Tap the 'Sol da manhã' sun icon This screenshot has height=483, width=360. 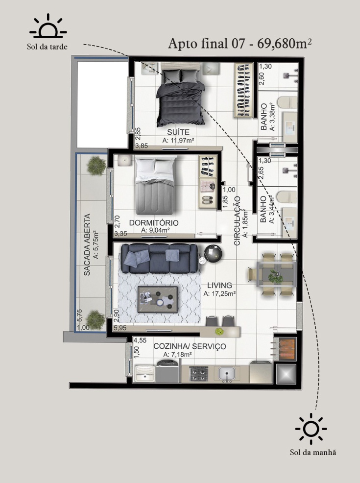click(311, 429)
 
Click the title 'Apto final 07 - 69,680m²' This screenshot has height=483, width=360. click(240, 44)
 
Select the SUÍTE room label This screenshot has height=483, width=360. click(178, 132)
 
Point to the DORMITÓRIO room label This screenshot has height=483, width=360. click(154, 223)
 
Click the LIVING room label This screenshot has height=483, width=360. click(219, 286)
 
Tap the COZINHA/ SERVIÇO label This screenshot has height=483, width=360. click(190, 346)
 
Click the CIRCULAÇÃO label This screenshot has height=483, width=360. click(237, 221)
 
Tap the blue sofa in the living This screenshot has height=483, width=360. click(160, 259)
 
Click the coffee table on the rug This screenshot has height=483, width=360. click(158, 299)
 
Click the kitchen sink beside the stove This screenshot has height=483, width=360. click(227, 374)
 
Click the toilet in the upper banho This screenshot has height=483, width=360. click(287, 102)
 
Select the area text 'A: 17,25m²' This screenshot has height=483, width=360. click(219, 294)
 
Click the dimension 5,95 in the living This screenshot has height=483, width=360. click(120, 328)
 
